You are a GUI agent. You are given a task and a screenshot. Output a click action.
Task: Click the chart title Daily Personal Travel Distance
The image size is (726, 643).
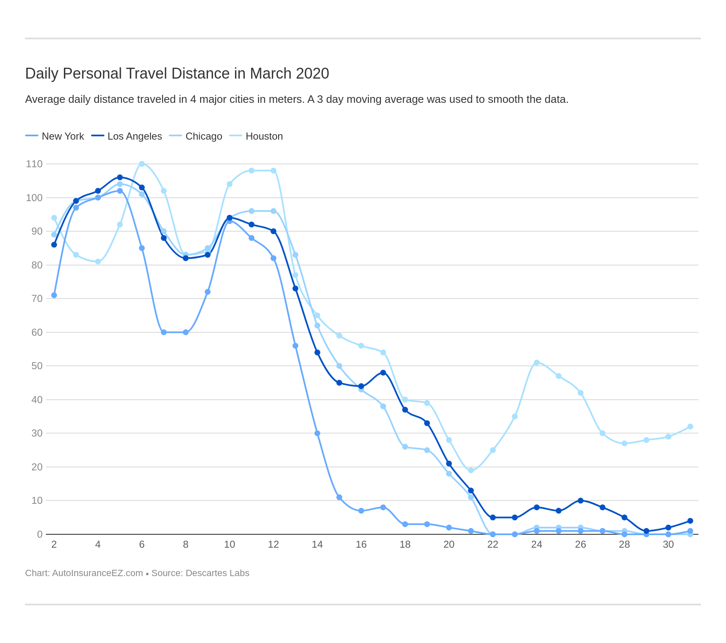[177, 74]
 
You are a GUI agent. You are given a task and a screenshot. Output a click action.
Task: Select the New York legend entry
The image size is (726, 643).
[63, 136]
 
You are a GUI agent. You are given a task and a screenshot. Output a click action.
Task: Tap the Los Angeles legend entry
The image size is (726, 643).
[135, 136]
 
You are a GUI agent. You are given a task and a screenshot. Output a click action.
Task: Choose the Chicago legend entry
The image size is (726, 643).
[203, 136]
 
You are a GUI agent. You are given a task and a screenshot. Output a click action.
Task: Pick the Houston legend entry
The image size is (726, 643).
[264, 136]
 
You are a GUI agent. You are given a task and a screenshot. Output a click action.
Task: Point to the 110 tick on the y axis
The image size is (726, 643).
[34, 164]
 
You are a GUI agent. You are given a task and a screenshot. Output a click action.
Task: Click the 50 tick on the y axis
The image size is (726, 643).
[37, 366]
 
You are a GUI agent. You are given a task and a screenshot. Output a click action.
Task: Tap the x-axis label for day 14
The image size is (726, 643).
[317, 544]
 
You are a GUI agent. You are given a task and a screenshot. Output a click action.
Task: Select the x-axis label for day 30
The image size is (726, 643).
[668, 544]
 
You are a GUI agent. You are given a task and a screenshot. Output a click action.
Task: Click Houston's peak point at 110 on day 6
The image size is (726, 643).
[142, 164]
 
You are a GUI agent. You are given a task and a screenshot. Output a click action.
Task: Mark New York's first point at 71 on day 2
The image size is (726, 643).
[54, 295]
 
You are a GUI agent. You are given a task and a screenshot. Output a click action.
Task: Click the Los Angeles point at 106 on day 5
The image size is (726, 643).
[120, 177]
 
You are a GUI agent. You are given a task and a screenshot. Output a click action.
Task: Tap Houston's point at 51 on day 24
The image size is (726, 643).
[536, 362]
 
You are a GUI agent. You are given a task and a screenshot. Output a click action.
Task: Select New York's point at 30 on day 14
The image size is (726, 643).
[317, 433]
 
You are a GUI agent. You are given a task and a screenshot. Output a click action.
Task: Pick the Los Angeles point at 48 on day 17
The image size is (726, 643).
[383, 373]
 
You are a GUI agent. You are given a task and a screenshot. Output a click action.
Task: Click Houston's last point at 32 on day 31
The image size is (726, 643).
[690, 426]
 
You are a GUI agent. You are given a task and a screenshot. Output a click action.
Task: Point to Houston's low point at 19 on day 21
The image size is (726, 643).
[471, 470]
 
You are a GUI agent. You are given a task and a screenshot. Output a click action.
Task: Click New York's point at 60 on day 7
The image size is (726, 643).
[164, 332]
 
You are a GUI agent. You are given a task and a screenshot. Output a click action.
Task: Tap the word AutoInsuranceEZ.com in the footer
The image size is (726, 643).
[97, 573]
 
